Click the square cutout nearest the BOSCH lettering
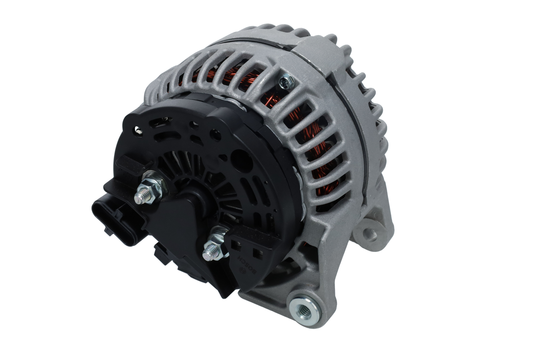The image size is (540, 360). tap(255, 254)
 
